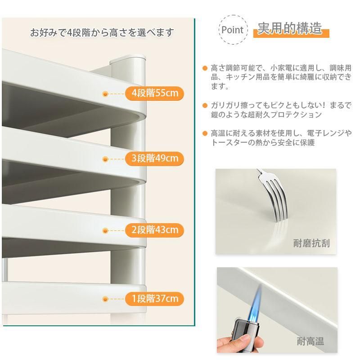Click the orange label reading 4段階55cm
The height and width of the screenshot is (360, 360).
pos(154,93)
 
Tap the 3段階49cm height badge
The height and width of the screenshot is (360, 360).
pos(154,158)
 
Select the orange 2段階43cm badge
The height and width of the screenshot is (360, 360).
pos(154,230)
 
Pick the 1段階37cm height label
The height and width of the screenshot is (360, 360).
pos(154,299)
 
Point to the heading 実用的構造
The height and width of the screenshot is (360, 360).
pos(290,28)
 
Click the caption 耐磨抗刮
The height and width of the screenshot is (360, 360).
pos(311,243)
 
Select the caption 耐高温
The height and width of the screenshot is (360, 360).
pos(310,341)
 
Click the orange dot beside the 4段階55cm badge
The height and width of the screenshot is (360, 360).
pos(105,94)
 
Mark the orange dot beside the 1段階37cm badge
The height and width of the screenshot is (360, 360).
pos(105,299)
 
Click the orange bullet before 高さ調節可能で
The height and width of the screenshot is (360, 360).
pos(205,68)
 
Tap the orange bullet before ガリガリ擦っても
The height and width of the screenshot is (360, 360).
pos(205,105)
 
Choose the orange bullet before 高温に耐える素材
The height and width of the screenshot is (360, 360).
pos(205,133)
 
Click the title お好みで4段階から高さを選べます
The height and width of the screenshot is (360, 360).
pos(102,32)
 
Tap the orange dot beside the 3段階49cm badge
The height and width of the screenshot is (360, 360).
pos(105,159)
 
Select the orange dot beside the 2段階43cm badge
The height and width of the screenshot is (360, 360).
pos(105,230)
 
